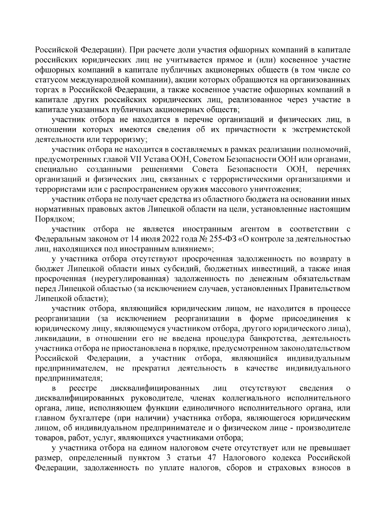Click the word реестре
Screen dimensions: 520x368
[x=83, y=389]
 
